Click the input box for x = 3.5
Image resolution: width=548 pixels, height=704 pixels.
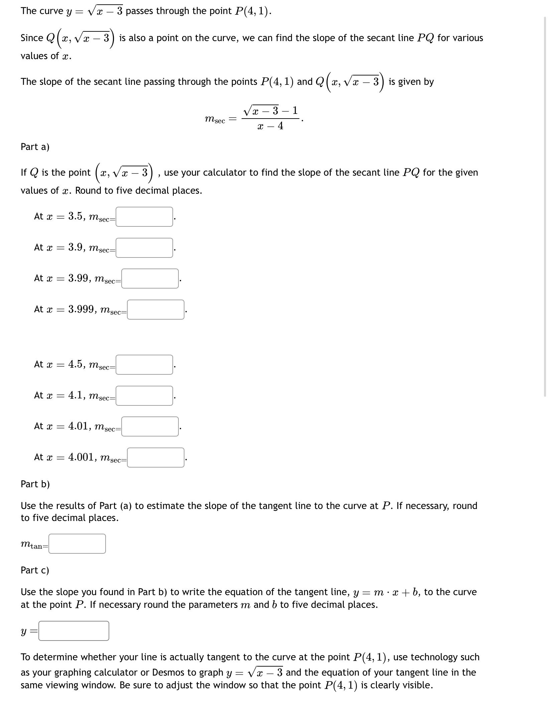click(x=144, y=217)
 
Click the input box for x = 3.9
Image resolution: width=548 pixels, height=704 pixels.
click(x=144, y=248)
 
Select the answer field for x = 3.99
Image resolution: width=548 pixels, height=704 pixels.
click(x=150, y=279)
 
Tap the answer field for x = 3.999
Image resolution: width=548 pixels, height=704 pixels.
click(x=155, y=310)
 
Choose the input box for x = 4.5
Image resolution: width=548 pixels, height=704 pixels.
click(x=144, y=365)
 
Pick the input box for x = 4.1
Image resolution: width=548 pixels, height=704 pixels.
click(x=144, y=396)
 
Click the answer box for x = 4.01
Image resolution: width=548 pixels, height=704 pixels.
click(x=150, y=426)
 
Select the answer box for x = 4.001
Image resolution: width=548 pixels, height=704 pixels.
click(x=155, y=458)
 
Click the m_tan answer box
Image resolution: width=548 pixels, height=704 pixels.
click(x=77, y=544)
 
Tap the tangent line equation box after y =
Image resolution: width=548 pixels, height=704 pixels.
click(x=74, y=631)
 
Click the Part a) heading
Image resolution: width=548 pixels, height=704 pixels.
click(x=35, y=147)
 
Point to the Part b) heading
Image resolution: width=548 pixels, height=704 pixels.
click(x=35, y=484)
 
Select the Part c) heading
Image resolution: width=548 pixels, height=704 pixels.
click(x=35, y=570)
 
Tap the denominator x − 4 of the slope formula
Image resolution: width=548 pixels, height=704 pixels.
click(x=270, y=126)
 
